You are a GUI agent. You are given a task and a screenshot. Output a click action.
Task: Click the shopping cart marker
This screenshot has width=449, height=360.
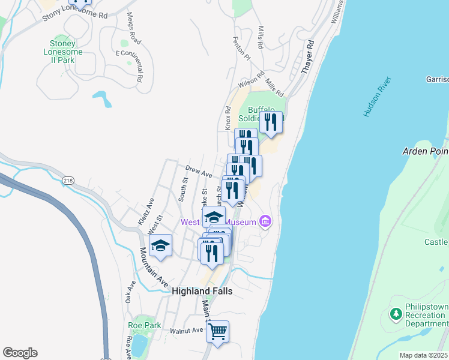[x=217, y=330]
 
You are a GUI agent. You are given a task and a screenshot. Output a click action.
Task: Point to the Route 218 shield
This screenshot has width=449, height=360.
[x=68, y=180]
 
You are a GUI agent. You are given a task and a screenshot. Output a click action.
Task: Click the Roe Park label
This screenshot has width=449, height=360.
[x=145, y=325]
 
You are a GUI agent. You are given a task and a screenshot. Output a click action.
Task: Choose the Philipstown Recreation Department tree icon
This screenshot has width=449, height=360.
[x=395, y=313]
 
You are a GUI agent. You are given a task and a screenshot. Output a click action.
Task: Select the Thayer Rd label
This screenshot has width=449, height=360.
[x=309, y=57]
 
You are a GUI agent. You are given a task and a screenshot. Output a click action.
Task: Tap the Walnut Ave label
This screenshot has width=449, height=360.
[x=187, y=331]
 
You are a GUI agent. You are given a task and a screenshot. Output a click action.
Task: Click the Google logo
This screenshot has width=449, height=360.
[x=20, y=353]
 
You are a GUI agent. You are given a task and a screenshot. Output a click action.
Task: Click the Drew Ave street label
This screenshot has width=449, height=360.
[x=199, y=173]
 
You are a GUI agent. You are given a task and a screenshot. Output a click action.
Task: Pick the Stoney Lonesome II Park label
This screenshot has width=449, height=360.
[x=63, y=52]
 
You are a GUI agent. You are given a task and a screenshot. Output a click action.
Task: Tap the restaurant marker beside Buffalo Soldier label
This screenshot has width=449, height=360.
[x=271, y=122]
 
